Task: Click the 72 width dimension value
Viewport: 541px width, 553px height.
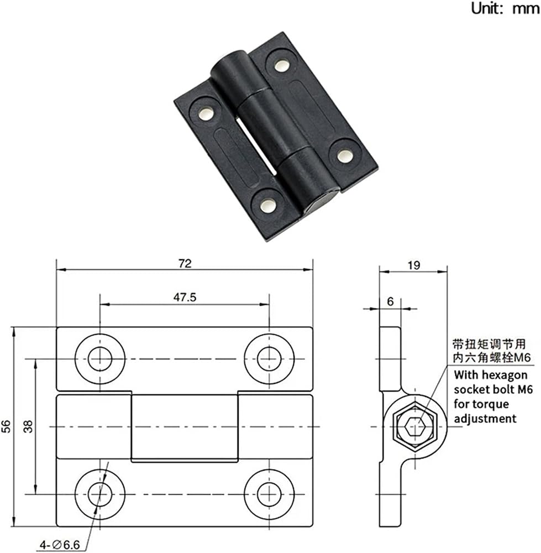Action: [x=185, y=263]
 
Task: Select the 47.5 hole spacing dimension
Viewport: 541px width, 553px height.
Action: [x=185, y=298]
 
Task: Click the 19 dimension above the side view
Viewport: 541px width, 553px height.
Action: [x=414, y=265]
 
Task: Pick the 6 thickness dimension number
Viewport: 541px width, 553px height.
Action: [x=390, y=301]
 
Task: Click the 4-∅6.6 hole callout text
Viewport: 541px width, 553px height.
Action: [x=60, y=545]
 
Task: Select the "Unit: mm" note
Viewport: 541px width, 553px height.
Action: [x=505, y=8]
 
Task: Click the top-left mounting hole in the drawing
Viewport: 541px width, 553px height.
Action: [x=100, y=359]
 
